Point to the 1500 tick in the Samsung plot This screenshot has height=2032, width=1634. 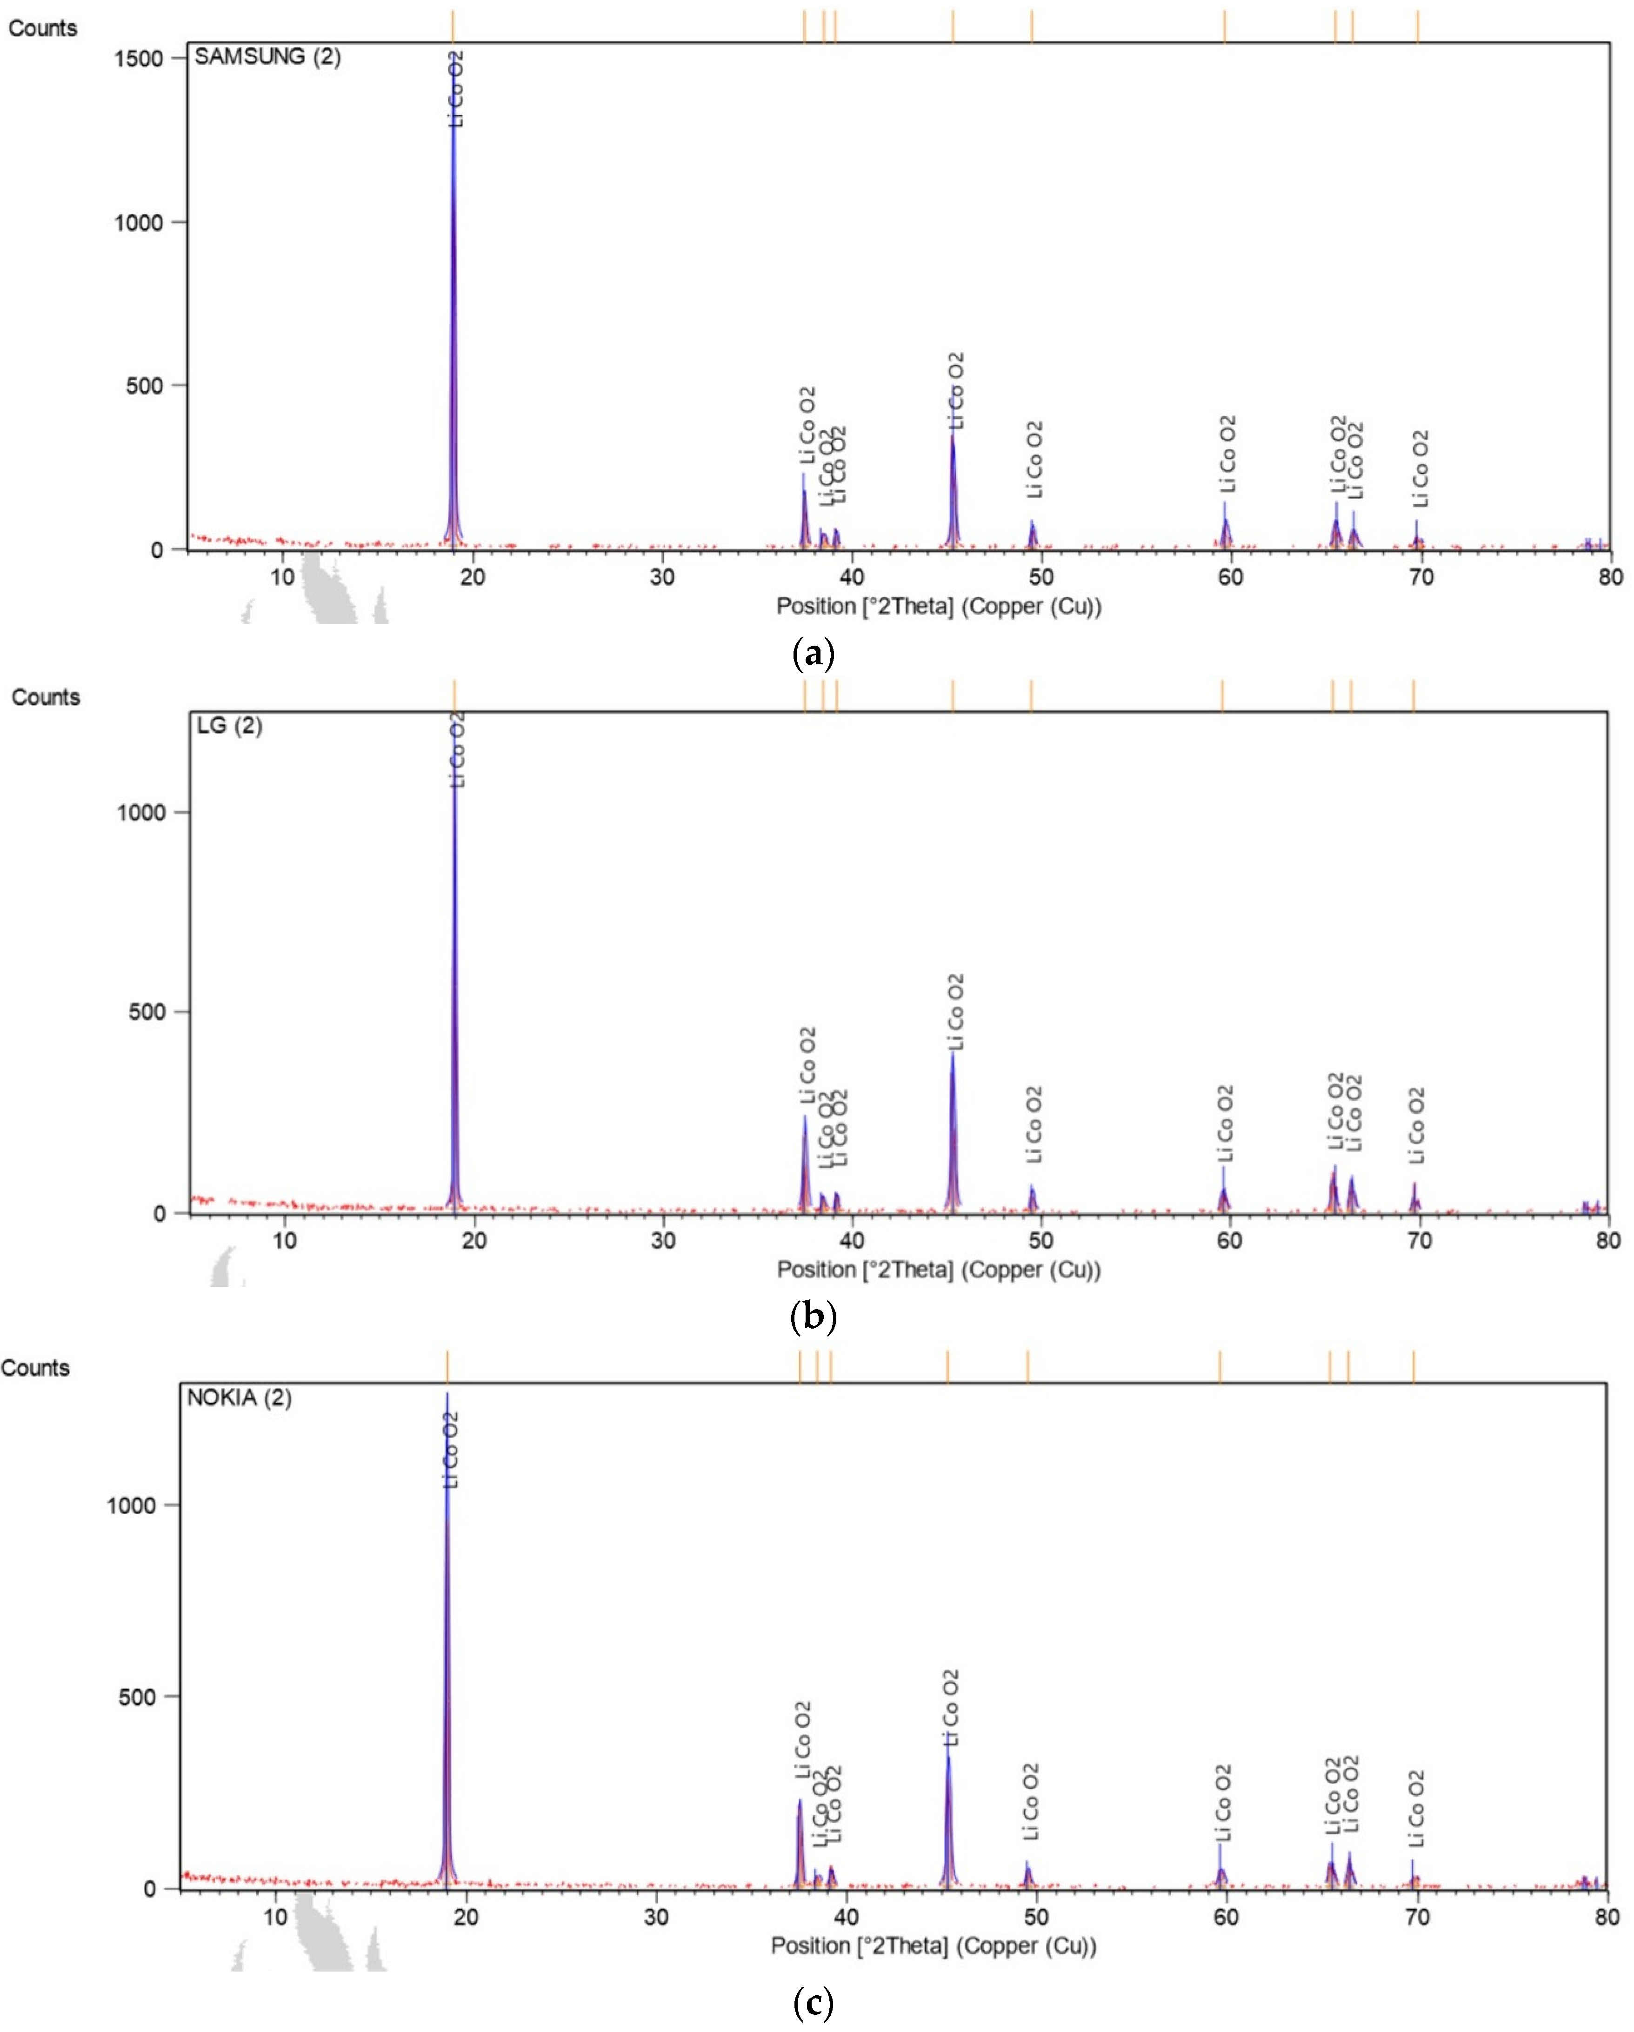tap(139, 59)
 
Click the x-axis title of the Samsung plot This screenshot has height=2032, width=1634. tap(939, 606)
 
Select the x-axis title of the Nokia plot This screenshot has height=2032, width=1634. tap(933, 1946)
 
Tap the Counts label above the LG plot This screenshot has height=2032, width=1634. tap(45, 697)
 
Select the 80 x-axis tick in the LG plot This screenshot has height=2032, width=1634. tap(1607, 1240)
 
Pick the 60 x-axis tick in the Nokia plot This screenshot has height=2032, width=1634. tap(1225, 1917)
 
